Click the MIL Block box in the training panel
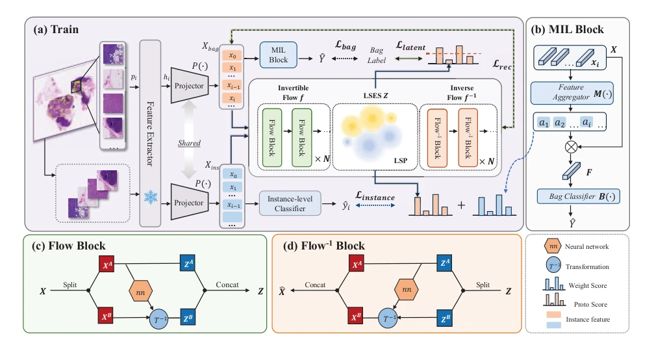pyautogui.click(x=278, y=55)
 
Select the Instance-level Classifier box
pyautogui.click(x=290, y=203)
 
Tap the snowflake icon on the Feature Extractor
pyautogui.click(x=150, y=197)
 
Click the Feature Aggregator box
pyautogui.click(x=572, y=93)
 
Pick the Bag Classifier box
pyautogui.click(x=578, y=196)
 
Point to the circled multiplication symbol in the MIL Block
pyautogui.click(x=571, y=147)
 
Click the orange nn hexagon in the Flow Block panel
pyautogui.click(x=140, y=290)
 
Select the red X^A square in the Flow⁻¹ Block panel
pyautogui.click(x=357, y=264)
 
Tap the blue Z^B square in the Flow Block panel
pyautogui.click(x=188, y=318)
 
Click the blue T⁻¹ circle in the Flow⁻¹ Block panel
pyautogui.click(x=388, y=319)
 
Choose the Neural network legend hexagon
pyautogui.click(x=553, y=246)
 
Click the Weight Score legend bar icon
pyautogui.click(x=554, y=284)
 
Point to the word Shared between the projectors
pyautogui.click(x=189, y=143)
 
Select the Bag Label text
pyautogui.click(x=376, y=55)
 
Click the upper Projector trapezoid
pyautogui.click(x=190, y=85)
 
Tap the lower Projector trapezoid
pyautogui.click(x=190, y=202)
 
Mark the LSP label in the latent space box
pyautogui.click(x=401, y=161)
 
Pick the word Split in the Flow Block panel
pyautogui.click(x=69, y=285)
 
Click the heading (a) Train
pyautogui.click(x=56, y=30)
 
